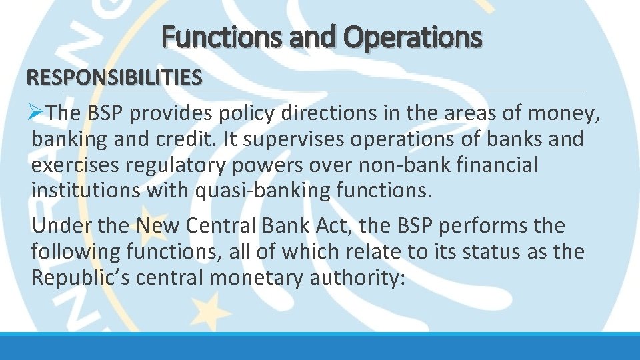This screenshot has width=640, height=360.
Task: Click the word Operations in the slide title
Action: click(x=412, y=37)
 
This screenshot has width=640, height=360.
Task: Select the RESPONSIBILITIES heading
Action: click(x=114, y=77)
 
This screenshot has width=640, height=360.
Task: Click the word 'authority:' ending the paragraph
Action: click(x=357, y=277)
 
